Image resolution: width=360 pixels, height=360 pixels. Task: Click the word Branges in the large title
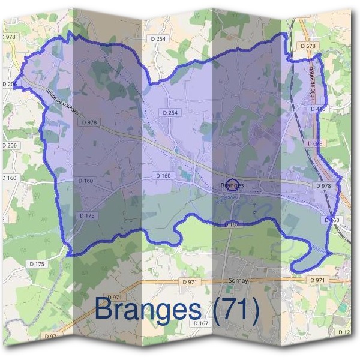[x=148, y=310]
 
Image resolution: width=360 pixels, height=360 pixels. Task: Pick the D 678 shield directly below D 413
[x=316, y=144]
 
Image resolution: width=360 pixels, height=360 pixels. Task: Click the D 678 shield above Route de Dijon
[x=306, y=46]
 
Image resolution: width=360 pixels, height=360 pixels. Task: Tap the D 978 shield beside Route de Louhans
[x=88, y=122]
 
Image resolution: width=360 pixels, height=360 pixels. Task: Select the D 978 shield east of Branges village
[x=322, y=186]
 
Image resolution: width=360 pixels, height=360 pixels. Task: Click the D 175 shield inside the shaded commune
[x=87, y=215]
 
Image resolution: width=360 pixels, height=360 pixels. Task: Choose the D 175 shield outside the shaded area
[x=36, y=264]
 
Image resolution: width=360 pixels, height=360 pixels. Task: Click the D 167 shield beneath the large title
[x=201, y=323]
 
